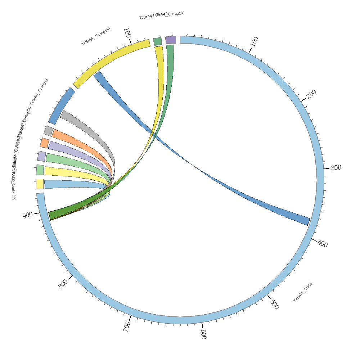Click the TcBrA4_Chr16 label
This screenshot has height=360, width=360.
pos(303,292)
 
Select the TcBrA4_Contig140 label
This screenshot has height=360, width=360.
pos(96,36)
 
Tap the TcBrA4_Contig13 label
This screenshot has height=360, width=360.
pos(39,91)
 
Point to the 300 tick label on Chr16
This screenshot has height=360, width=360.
pos(336,168)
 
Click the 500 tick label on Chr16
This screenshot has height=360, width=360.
pos(274,305)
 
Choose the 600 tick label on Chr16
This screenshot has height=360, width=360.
pos(203,334)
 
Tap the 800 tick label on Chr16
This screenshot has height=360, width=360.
pos(63,284)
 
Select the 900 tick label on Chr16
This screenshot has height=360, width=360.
pos(27,215)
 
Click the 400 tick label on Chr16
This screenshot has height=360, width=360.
pos(323,244)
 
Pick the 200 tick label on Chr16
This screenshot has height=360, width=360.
pos(311,94)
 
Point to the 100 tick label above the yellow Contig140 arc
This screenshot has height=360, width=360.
pos(126,33)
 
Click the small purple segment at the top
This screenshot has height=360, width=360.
pos(171,40)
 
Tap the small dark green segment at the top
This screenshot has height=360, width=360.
pos(157,41)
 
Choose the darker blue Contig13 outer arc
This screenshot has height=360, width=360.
pos(61,106)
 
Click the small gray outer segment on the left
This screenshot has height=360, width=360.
pos(49,131)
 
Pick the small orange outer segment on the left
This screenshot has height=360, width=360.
pos(45,143)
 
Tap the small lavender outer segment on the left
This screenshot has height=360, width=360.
pos(42,156)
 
